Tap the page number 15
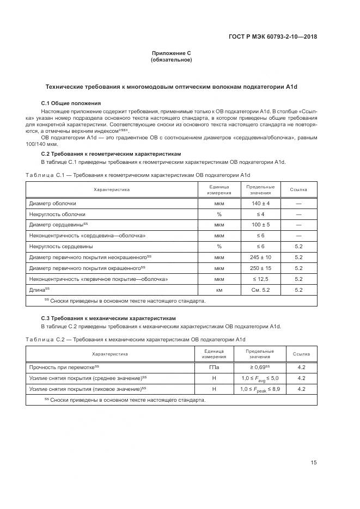click(x=314, y=463)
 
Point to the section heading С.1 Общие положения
click(x=71, y=103)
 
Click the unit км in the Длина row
click(x=219, y=290)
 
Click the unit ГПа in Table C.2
click(x=214, y=367)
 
